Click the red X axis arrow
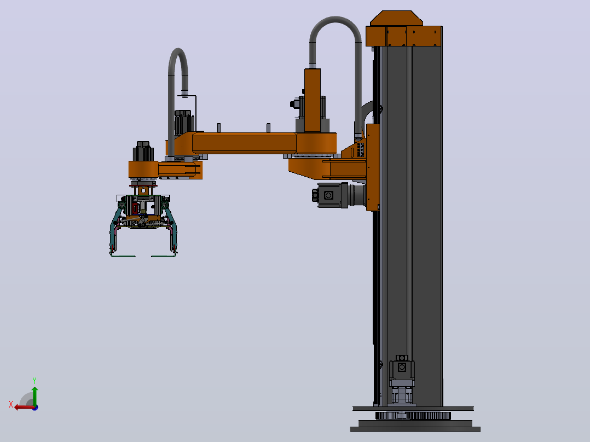(25, 407)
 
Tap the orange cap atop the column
(404, 29)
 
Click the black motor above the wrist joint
(143, 151)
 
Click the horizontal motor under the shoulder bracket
(338, 195)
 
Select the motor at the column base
(402, 380)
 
